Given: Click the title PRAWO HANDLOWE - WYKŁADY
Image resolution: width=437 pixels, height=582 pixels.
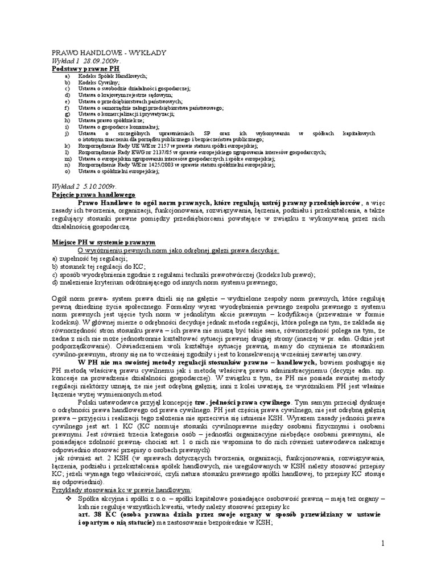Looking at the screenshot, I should pyautogui.click(x=109, y=52).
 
